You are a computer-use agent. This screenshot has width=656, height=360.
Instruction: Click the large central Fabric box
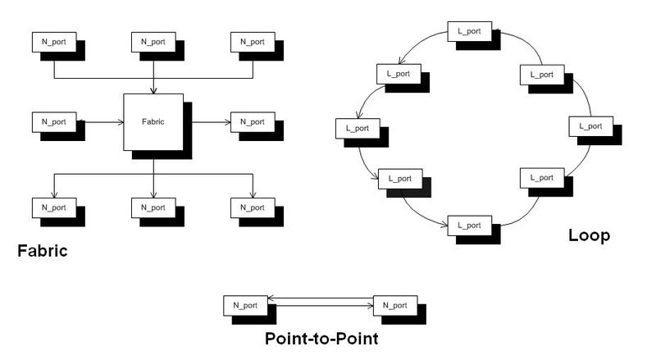point(153,122)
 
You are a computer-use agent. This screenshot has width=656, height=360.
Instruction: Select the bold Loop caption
point(589,236)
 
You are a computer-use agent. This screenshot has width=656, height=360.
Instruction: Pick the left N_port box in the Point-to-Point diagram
point(245,306)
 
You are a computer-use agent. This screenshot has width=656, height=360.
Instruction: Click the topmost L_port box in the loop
point(469,32)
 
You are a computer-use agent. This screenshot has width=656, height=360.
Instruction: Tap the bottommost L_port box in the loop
point(468,225)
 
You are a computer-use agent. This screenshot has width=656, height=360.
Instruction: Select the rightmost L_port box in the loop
point(590,126)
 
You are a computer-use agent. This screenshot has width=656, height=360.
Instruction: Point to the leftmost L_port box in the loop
point(357,128)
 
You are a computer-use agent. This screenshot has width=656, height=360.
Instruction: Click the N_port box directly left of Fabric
point(53,122)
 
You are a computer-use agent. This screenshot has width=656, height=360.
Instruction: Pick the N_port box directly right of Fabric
point(253,122)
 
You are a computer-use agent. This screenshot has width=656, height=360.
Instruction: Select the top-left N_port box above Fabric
point(53,42)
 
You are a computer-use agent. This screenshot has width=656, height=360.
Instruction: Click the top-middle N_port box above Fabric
point(153,42)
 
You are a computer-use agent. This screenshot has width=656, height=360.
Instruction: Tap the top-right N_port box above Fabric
point(253,42)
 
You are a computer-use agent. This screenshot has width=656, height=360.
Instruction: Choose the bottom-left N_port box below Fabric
point(53,207)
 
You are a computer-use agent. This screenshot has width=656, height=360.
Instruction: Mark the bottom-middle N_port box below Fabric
point(153,207)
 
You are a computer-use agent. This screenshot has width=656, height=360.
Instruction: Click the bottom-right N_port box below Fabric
point(253,207)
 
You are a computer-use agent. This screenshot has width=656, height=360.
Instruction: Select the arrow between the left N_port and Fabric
point(98,122)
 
